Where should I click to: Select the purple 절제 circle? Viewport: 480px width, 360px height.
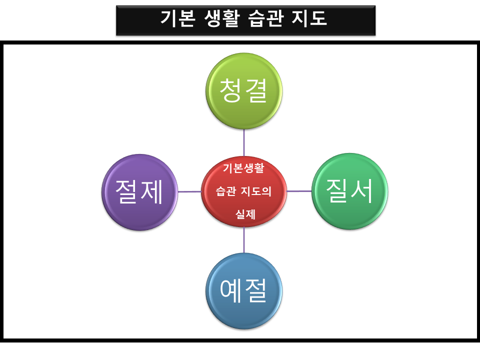click(140, 192)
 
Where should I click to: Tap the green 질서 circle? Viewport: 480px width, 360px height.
click(349, 191)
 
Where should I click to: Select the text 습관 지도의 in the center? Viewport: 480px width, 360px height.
click(243, 191)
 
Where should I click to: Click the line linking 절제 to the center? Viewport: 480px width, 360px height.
click(190, 191)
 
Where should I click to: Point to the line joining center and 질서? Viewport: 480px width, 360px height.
click(299, 191)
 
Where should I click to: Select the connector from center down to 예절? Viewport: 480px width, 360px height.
click(244, 240)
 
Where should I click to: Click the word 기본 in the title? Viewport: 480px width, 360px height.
click(176, 19)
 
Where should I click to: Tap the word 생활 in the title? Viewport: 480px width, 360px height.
click(219, 19)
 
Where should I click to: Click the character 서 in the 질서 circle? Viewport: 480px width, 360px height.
click(362, 191)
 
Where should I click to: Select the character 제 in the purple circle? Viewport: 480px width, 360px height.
click(152, 192)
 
